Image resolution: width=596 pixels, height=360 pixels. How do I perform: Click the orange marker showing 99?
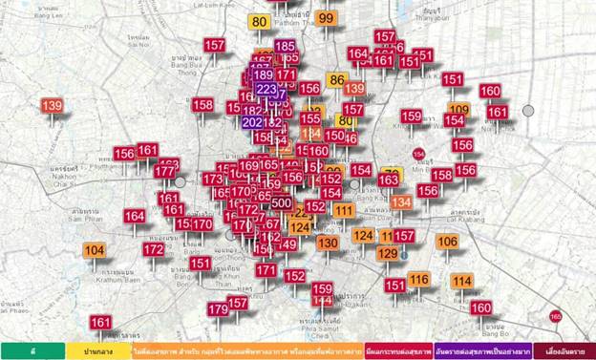tap(327, 18)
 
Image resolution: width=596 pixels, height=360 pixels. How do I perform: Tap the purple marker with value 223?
tap(267, 89)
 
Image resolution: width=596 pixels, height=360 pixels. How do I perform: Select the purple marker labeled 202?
tap(252, 122)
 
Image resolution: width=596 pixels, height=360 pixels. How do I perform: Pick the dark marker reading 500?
tap(282, 202)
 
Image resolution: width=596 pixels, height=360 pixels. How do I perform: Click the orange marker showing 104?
tap(94, 250)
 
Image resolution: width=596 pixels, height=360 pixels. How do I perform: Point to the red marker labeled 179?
tap(218, 309)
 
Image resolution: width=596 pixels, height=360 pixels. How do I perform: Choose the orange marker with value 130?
tap(328, 243)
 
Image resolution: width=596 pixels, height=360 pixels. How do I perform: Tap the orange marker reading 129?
tap(387, 253)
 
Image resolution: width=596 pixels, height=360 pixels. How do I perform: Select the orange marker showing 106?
tap(448, 242)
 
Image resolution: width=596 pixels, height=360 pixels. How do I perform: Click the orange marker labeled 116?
tap(418, 279)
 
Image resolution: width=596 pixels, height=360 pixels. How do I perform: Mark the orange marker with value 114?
tap(462, 281)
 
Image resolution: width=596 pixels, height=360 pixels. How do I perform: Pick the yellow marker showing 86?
tap(336, 80)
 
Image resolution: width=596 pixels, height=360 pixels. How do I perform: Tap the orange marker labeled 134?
tap(401, 202)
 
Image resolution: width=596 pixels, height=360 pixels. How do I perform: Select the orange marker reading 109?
tap(459, 109)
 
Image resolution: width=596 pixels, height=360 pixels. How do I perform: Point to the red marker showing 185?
tap(285, 46)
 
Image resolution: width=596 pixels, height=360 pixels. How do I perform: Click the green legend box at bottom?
tap(32, 351)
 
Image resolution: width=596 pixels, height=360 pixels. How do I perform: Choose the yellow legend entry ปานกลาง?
tap(98, 351)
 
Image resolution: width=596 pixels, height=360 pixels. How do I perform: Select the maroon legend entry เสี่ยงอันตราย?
tap(564, 351)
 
